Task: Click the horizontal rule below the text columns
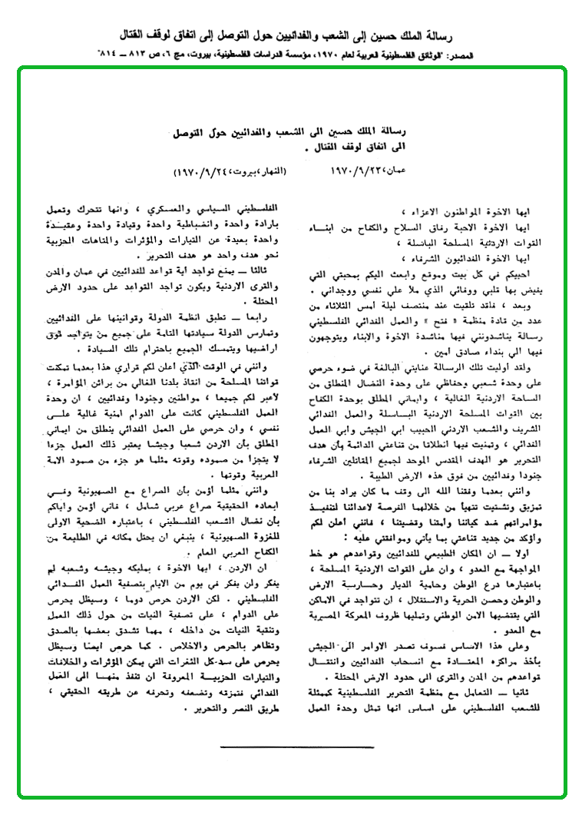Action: [x=296, y=746]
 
